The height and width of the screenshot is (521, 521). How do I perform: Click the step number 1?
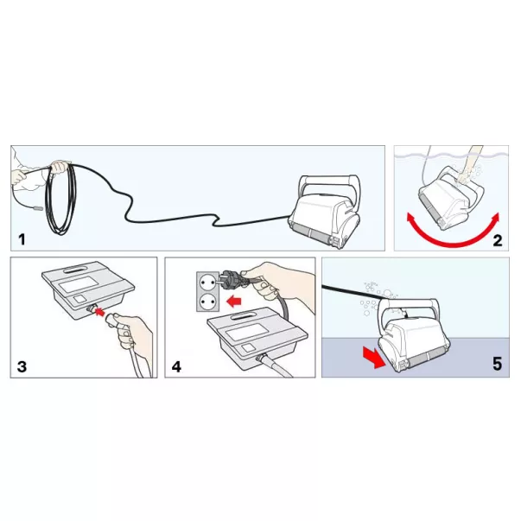tap(22, 239)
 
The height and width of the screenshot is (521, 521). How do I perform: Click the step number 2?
tap(497, 240)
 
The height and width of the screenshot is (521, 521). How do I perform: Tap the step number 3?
tap(22, 367)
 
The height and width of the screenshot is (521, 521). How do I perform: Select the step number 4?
tap(176, 367)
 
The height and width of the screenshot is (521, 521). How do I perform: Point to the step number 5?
tap(497, 364)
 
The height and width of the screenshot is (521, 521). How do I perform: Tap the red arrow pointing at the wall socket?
tap(234, 302)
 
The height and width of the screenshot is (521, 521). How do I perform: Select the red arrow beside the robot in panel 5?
tap(374, 357)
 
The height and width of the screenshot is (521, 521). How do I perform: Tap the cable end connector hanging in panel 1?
tap(37, 209)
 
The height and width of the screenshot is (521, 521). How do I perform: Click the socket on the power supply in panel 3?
tap(90, 308)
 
